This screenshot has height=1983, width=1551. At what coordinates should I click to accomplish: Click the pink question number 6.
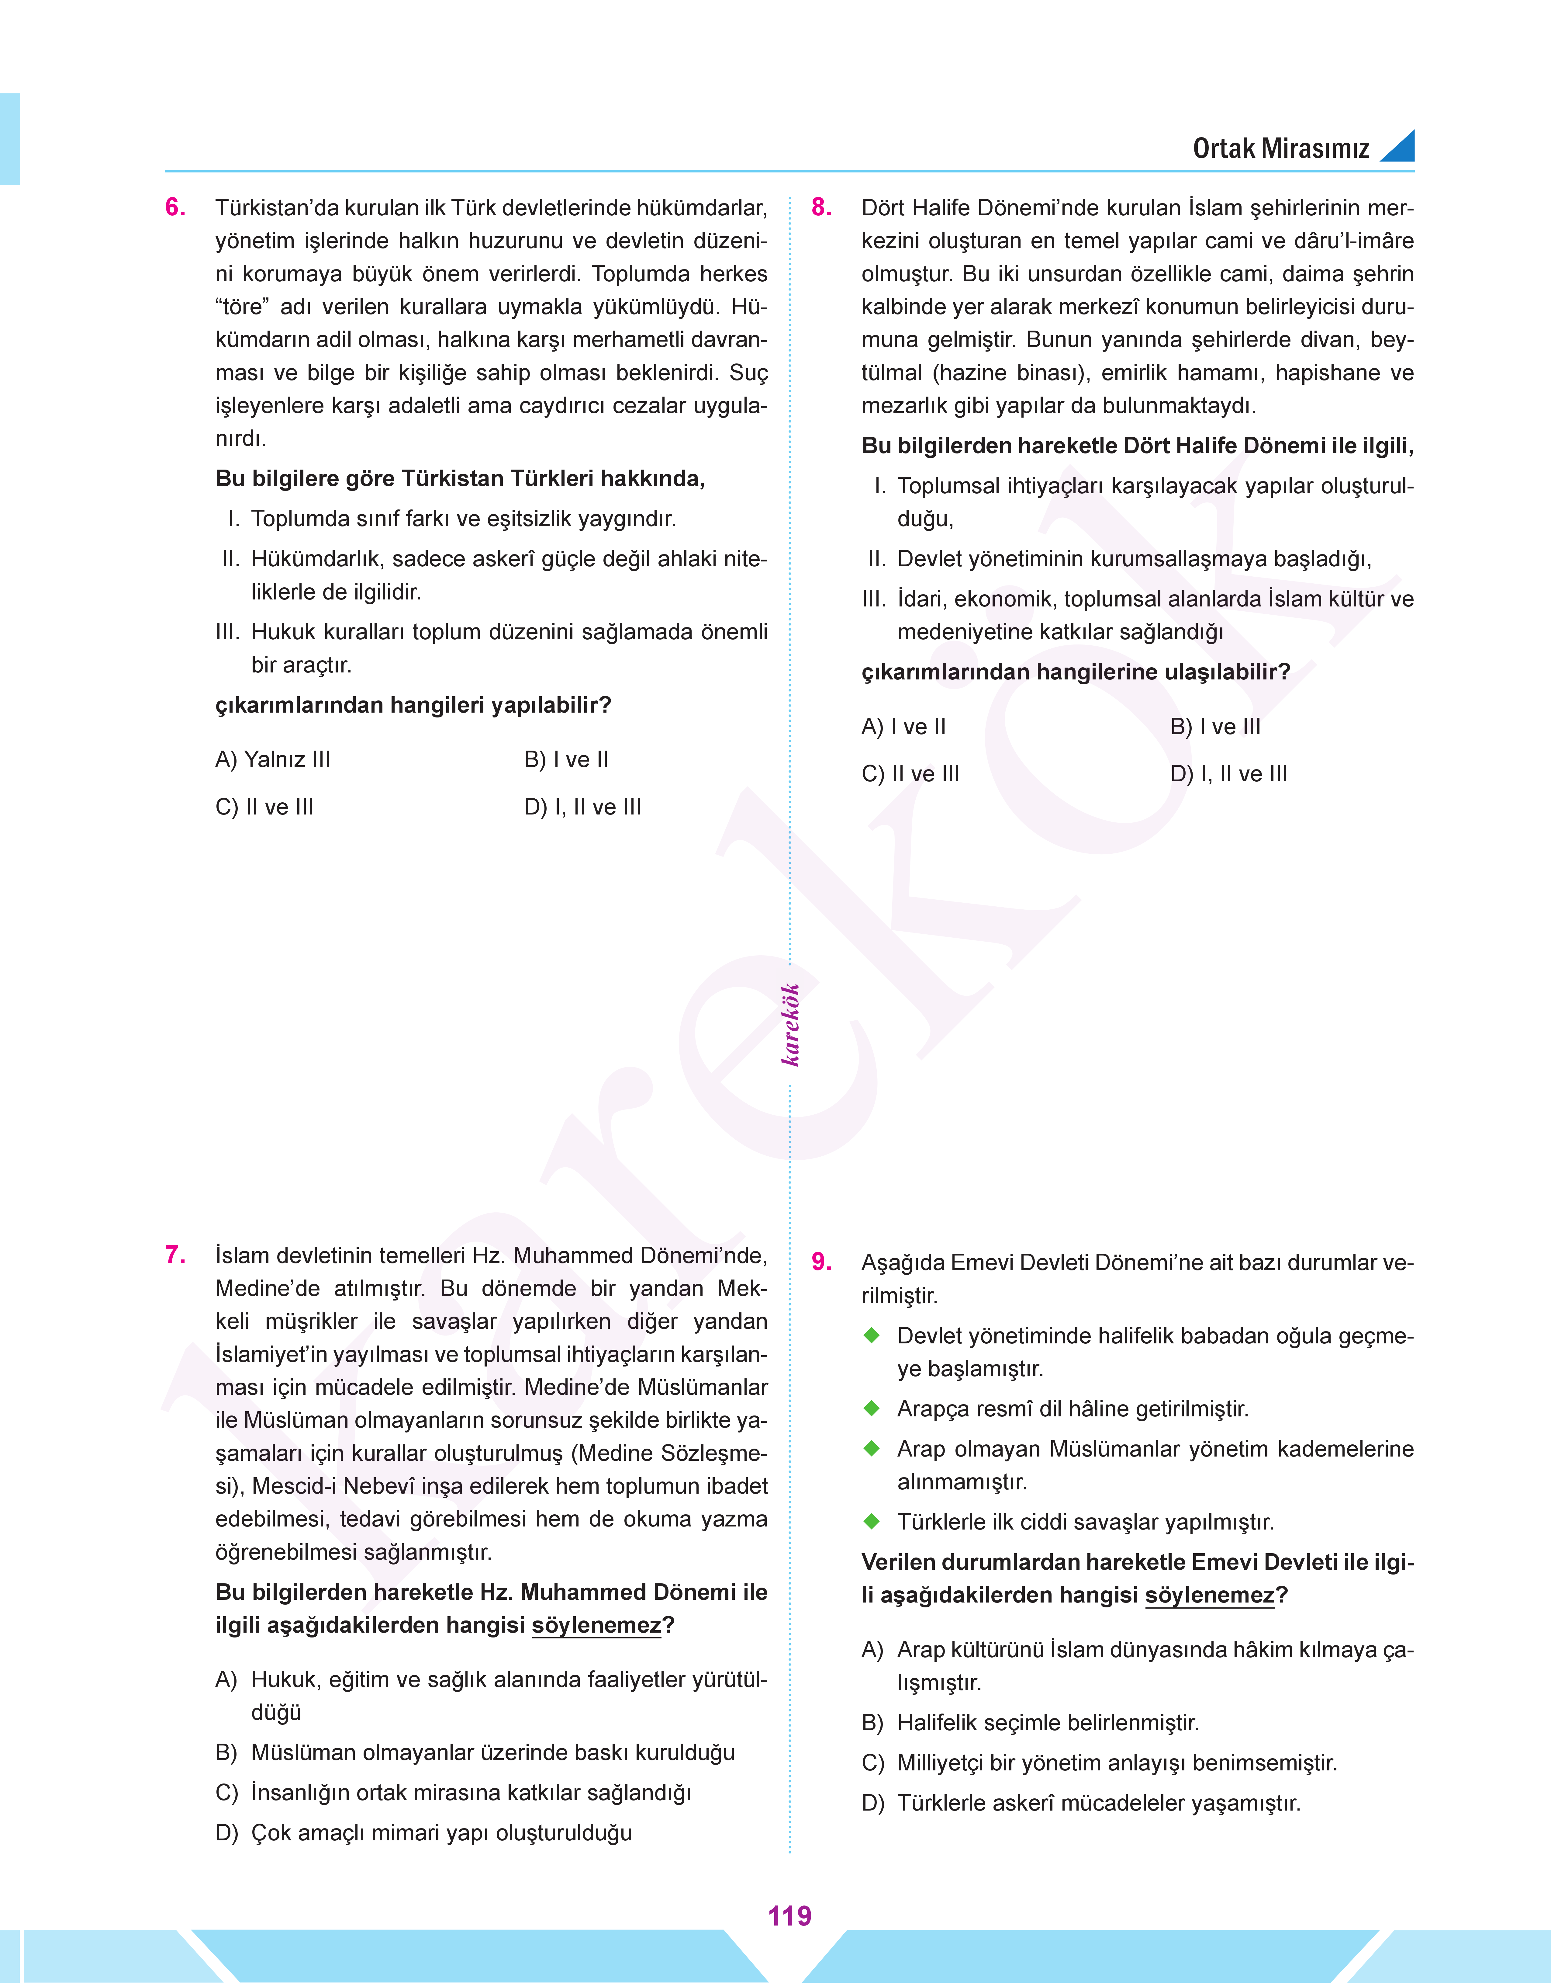175,208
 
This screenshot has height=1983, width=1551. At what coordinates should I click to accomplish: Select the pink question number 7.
175,1255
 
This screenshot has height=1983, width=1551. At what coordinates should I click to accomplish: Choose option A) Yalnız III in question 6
272,759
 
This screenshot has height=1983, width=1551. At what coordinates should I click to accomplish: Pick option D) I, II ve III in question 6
582,807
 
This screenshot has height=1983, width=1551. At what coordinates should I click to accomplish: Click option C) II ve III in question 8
910,774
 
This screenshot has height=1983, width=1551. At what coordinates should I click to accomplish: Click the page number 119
789,1916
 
